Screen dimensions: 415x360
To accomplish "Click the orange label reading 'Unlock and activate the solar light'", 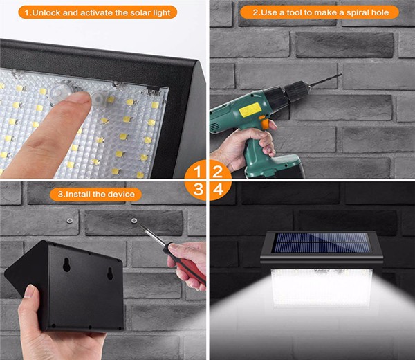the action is coord(98,12).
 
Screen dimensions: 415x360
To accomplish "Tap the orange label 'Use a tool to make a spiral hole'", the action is coord(320,12).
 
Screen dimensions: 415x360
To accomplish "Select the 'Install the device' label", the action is coord(96,194).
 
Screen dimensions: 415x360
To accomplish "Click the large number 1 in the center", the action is coord(197,172).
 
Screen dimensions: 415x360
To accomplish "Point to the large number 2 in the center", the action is coord(218,172).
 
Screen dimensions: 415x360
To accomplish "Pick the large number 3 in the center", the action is coord(198,189).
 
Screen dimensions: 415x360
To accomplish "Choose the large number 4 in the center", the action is coord(218,190).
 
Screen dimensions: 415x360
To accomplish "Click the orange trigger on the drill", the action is coord(265,123).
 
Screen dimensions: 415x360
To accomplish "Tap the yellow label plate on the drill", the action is coord(250,109).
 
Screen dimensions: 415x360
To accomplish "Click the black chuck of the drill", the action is coord(297,91).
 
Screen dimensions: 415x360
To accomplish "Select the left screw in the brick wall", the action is coord(70,221).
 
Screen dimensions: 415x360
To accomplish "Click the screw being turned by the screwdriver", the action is coord(134,220).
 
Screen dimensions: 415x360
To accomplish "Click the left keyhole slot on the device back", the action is coord(66,264).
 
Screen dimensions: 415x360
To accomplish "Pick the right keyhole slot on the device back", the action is coord(110,273).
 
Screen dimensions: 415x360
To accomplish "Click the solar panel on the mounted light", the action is coord(322,242).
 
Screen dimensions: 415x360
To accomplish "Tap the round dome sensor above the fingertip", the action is coord(62,91).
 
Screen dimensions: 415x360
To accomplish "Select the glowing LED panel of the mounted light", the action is coord(322,288).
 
